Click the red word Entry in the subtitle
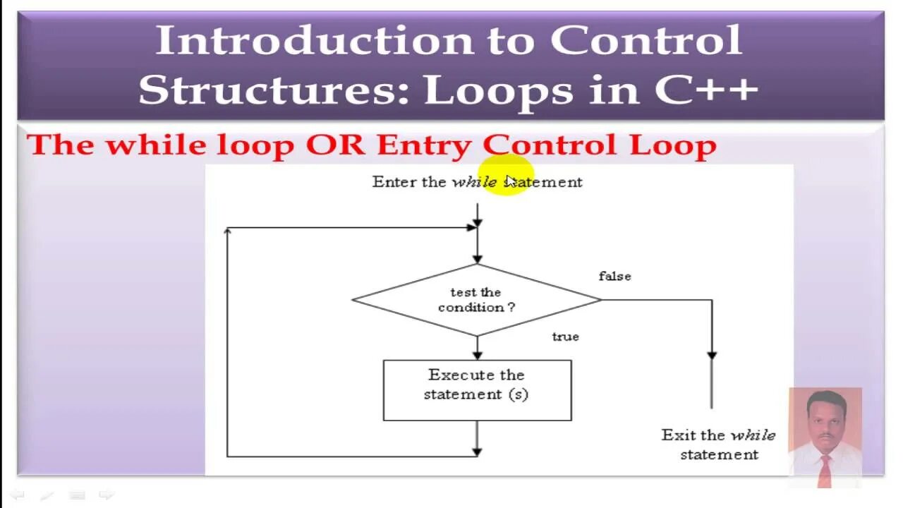(x=423, y=145)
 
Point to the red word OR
(x=335, y=145)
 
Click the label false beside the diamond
(x=614, y=277)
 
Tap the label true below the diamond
(x=565, y=337)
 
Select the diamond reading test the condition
(x=476, y=300)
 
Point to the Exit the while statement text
(x=718, y=445)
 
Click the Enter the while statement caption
(x=477, y=182)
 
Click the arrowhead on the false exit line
(x=712, y=356)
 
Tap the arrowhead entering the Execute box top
(x=477, y=355)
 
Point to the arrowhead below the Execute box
(x=477, y=451)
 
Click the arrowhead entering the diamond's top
(x=477, y=259)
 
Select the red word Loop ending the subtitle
(x=673, y=145)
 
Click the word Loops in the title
(x=498, y=90)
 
